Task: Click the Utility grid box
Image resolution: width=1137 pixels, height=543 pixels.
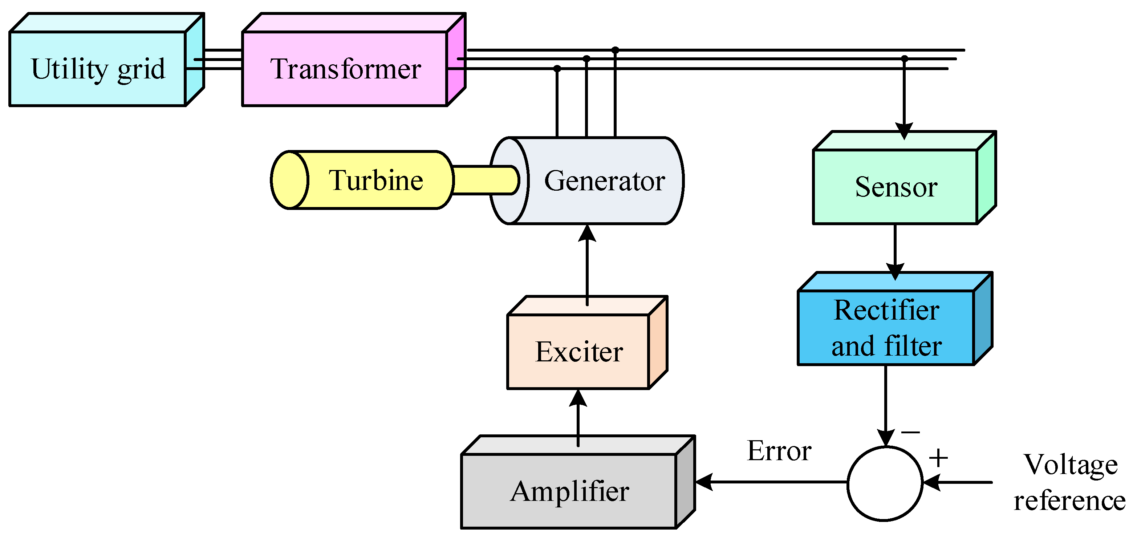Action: point(106,60)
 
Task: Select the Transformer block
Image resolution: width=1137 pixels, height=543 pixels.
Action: point(354,60)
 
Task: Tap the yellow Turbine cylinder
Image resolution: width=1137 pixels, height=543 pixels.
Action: point(362,180)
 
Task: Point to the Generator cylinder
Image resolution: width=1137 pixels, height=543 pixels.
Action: point(587,181)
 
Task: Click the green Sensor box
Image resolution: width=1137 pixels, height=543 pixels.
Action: point(904,178)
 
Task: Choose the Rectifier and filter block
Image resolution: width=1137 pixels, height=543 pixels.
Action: point(895,319)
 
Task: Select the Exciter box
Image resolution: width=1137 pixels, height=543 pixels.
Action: point(587,343)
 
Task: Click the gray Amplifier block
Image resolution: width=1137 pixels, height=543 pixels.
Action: point(578,482)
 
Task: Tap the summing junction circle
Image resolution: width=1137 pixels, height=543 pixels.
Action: point(885,483)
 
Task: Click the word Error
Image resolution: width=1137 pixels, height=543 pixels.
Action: point(779,451)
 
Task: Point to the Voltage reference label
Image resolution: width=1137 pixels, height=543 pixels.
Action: point(1070,482)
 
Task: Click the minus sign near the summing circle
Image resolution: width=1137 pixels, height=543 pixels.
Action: point(910,432)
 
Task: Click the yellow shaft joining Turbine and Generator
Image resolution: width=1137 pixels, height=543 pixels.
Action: point(486,180)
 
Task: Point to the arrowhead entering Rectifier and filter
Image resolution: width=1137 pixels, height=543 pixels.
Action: point(895,272)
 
